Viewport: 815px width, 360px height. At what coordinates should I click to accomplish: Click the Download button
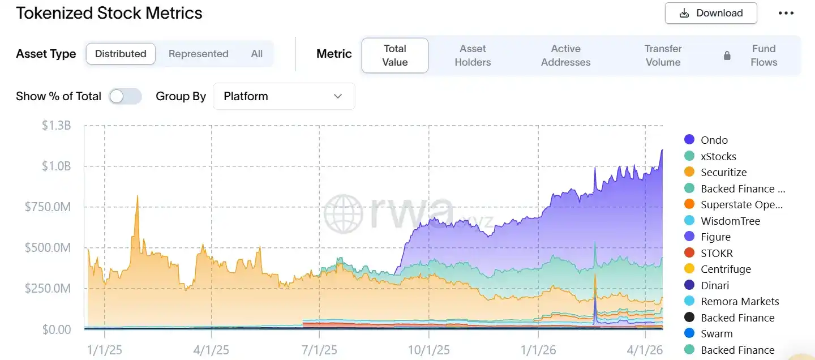(x=711, y=13)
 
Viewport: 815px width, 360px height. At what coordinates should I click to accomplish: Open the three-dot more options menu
(x=786, y=13)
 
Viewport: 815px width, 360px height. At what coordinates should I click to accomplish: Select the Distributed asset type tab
(x=121, y=54)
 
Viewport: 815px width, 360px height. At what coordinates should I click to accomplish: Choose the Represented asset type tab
(x=198, y=54)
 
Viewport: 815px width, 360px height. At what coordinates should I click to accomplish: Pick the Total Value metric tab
(x=395, y=55)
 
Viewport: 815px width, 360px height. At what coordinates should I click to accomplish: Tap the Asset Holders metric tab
(x=473, y=55)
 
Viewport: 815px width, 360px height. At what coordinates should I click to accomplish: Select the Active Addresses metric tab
(x=565, y=55)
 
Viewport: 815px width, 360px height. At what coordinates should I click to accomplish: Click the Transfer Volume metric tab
(x=663, y=55)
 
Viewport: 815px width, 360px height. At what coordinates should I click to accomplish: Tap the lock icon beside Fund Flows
(x=727, y=55)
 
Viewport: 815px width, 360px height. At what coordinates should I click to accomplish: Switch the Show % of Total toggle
(x=125, y=96)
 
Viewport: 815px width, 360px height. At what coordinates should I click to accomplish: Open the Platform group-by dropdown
(x=284, y=96)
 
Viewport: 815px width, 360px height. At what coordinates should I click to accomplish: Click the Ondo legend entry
(x=714, y=140)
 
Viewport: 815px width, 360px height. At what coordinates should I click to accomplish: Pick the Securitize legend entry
(x=723, y=172)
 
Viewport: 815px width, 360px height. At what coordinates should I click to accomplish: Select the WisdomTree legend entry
(x=730, y=221)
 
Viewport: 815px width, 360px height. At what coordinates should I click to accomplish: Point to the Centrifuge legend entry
(x=726, y=269)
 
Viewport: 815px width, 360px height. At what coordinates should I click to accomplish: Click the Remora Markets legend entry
(x=739, y=301)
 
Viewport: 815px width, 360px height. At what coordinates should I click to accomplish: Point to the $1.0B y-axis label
(x=56, y=166)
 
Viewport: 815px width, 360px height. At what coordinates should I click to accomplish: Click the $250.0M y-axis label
(x=48, y=289)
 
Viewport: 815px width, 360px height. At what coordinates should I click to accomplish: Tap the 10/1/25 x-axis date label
(x=428, y=350)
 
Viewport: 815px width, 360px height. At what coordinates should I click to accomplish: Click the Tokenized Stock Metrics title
(x=109, y=13)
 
